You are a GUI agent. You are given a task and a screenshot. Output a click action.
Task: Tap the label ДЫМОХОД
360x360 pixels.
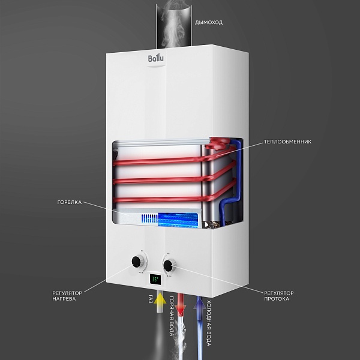(x=209, y=23)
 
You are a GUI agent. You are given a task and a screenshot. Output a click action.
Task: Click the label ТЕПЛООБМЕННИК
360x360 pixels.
(x=287, y=142)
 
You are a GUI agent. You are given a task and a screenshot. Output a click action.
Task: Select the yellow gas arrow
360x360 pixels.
(x=158, y=305)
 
